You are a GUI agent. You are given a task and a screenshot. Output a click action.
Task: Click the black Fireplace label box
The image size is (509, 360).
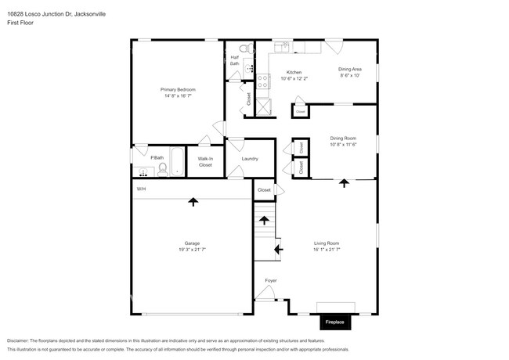point(335,322)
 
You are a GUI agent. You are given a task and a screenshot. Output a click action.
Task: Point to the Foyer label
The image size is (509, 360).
point(270,280)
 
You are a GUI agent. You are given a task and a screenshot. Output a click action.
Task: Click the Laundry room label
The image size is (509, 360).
point(250,159)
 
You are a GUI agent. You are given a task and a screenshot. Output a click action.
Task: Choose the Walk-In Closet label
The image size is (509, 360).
point(205,162)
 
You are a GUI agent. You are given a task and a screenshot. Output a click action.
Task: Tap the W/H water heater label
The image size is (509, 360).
point(141,189)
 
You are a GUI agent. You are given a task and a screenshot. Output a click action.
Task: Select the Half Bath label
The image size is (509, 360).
point(234,60)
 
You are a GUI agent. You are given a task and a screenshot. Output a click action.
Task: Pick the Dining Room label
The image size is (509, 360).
point(343,141)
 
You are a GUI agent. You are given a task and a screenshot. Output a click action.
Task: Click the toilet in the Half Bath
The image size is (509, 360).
point(244,49)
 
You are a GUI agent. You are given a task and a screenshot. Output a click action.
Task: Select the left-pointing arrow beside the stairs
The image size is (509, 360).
point(278,250)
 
